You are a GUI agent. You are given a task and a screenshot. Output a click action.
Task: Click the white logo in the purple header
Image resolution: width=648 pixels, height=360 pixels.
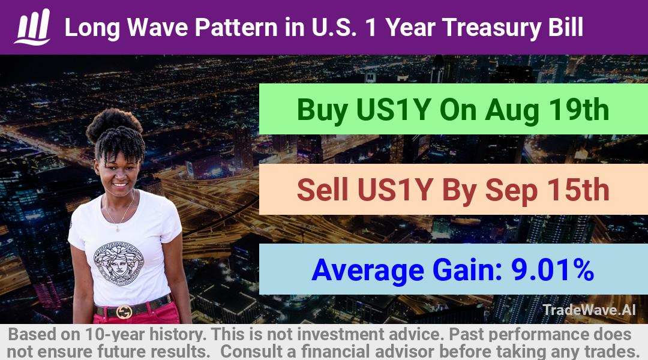[x=32, y=27]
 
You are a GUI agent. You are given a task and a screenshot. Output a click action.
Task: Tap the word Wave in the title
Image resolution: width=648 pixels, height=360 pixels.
[x=158, y=28]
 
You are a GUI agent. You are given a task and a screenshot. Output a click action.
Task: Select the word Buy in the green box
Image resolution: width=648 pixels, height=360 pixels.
[x=322, y=110]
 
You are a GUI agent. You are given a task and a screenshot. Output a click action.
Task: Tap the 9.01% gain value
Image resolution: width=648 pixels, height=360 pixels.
[x=553, y=269]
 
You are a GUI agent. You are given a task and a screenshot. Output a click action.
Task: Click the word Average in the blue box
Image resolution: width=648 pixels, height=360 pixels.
[x=367, y=271]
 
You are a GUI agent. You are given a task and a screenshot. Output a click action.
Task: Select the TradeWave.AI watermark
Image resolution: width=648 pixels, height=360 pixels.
[x=589, y=310]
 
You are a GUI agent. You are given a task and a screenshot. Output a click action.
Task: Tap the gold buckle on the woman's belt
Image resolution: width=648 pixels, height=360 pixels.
[x=124, y=311]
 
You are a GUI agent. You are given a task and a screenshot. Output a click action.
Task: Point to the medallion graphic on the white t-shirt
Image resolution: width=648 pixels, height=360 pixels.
[x=119, y=263]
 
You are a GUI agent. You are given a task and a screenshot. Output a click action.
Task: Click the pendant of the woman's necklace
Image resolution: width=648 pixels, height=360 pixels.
[x=118, y=228]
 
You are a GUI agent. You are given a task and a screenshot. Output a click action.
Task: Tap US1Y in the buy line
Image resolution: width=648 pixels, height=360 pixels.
[x=394, y=110]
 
